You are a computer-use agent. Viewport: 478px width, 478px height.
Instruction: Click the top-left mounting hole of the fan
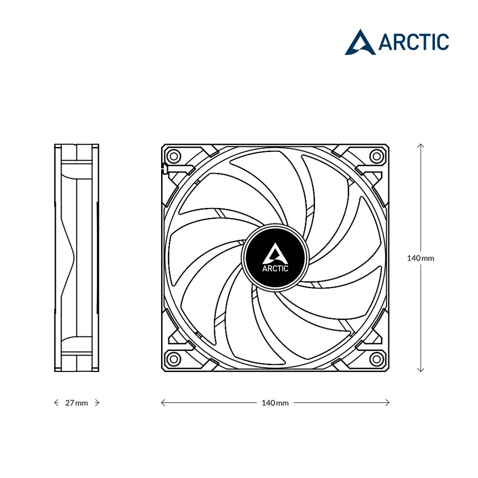(174, 157)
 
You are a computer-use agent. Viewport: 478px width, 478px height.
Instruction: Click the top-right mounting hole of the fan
(377, 157)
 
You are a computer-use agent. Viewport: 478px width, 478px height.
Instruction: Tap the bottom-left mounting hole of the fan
(174, 359)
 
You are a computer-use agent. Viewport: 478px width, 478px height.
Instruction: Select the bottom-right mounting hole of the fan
(377, 359)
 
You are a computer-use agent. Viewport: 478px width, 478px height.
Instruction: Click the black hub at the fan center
(275, 256)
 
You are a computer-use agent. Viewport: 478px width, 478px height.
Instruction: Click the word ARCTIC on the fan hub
(275, 269)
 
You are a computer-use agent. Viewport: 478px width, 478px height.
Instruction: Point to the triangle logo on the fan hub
(276, 253)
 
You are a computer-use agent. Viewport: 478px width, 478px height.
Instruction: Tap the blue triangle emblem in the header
(360, 43)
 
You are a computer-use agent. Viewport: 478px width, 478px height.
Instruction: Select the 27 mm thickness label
(76, 403)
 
